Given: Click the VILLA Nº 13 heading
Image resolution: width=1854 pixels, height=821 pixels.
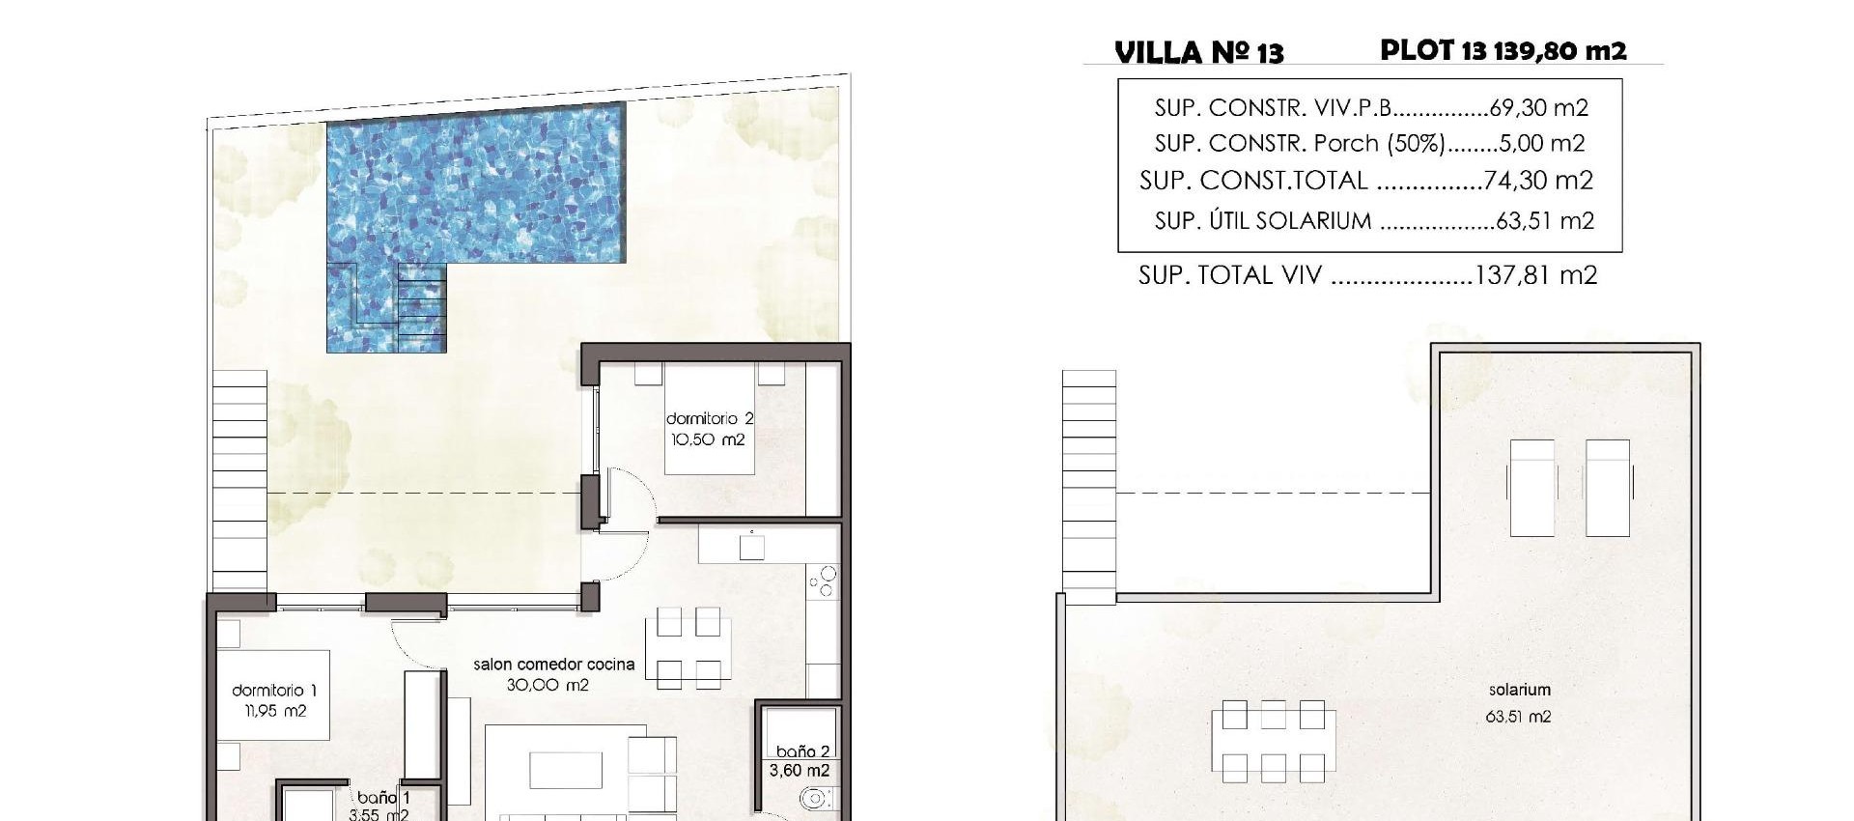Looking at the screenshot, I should pos(1199,52).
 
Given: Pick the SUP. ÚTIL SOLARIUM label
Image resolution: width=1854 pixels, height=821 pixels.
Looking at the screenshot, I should pos(1263,221).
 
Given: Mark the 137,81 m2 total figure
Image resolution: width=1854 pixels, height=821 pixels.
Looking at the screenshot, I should pos(1536,276).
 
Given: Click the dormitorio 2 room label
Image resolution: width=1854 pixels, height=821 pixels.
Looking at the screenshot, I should pos(709,418).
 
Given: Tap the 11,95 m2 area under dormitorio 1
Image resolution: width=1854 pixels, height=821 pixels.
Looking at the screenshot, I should pos(274,711).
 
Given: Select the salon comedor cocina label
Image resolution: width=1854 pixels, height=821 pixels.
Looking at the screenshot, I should pos(553,665).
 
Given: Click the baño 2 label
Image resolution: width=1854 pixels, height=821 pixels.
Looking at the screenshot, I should pos(802,751).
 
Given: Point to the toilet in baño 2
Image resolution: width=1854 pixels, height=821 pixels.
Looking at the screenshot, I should pos(815,800).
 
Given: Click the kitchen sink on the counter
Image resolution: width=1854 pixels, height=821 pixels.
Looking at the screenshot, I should pos(752,547).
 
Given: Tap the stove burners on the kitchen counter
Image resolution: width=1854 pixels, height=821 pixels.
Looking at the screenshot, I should pos(824,581).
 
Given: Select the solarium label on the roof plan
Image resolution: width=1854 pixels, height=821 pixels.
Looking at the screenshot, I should pos(1519,690).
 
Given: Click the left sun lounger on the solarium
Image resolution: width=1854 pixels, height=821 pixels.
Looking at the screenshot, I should pos(1531,487).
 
